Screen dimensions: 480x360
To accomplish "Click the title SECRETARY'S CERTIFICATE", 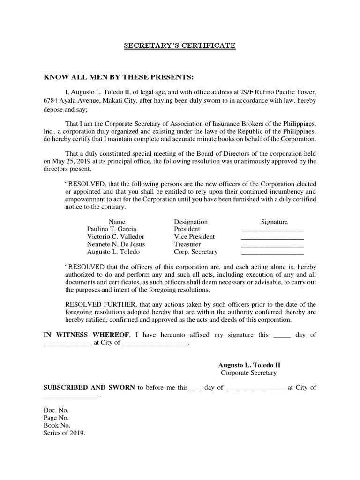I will (180, 45).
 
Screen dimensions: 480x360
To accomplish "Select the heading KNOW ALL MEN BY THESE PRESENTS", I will (119, 77).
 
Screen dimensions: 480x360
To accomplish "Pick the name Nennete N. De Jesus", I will (116, 244).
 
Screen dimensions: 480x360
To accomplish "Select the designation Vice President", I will (194, 237).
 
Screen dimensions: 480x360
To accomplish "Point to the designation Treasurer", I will (187, 244).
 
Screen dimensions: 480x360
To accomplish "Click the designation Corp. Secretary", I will (195, 252).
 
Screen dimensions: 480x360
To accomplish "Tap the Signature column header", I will (274, 222).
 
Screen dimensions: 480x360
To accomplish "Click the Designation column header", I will (190, 222).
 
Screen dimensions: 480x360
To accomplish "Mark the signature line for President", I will (272, 230).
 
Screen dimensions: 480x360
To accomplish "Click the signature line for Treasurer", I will (272, 245).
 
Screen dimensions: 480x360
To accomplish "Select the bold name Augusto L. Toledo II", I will (249, 365).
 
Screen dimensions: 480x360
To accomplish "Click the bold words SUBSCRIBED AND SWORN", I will (89, 387).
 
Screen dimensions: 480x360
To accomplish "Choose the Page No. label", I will (56, 418).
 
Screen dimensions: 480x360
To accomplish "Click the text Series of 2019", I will (65, 433).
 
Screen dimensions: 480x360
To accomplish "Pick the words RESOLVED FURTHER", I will (96, 305).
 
